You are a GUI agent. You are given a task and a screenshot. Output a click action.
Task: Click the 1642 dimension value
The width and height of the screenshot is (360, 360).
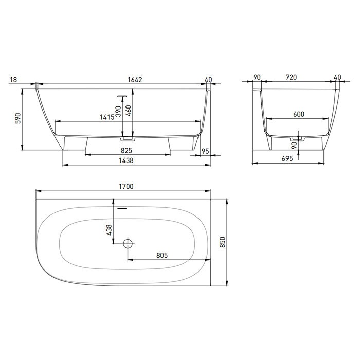pos(134,79)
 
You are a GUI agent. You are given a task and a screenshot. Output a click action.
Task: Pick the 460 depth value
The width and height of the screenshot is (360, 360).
pos(129,110)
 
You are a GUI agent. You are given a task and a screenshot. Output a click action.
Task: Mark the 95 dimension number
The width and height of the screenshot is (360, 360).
pos(205,151)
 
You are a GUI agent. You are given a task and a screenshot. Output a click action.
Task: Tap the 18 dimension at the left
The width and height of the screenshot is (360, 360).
pos(13,79)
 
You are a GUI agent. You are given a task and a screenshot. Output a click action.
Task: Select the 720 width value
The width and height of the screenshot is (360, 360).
pos(291,77)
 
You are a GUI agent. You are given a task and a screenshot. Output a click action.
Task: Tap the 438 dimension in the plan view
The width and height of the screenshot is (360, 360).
pos(109,230)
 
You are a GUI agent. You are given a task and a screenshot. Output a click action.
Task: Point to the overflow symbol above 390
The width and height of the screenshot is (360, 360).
pos(122,95)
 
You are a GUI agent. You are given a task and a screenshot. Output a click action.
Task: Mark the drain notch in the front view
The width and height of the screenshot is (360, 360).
pos(127,138)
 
